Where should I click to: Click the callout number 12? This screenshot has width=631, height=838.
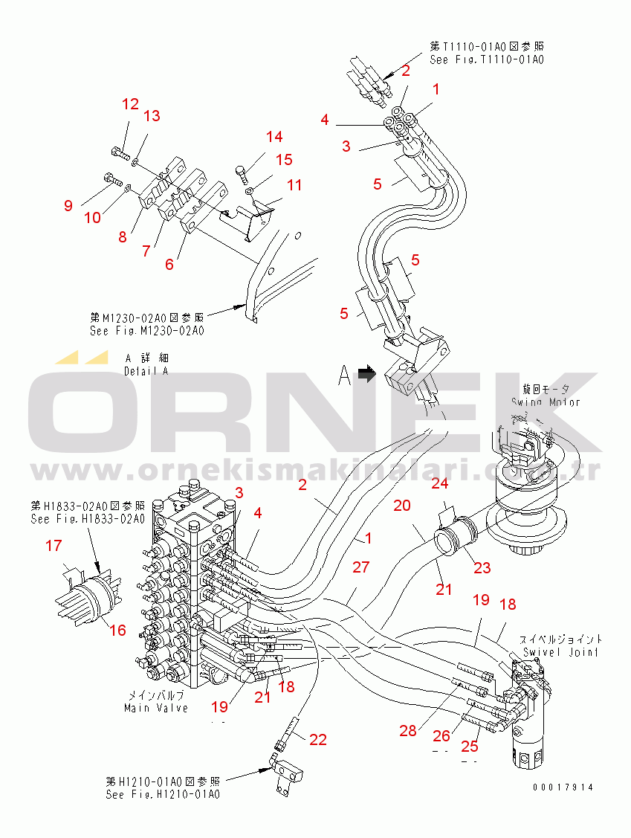coord(130,104)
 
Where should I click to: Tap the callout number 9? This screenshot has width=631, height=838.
coord(68,205)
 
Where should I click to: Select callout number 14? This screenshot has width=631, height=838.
coord(274,137)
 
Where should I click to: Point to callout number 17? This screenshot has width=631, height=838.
coord(54,546)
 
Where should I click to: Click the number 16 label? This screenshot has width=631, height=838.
coord(118,631)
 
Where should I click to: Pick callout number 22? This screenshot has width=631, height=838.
coord(318,739)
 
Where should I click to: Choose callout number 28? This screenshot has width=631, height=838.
coord(408,731)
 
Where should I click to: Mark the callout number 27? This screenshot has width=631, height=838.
coord(361,567)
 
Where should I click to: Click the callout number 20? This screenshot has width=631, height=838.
coord(401,506)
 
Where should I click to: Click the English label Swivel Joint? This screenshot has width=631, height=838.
coord(551,652)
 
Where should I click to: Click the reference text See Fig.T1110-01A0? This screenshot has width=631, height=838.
coord(487,59)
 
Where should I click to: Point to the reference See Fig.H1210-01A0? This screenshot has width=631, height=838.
coord(163,794)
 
